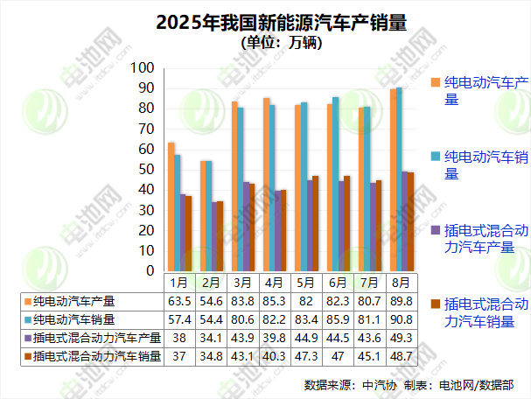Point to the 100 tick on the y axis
(143, 68)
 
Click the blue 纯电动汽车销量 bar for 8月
(399, 179)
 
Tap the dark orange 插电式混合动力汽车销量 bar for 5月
(315, 223)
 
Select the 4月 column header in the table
(274, 283)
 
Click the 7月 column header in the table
(367, 283)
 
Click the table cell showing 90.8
(399, 319)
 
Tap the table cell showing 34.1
(211, 339)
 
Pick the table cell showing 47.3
(305, 357)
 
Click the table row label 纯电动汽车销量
(80, 319)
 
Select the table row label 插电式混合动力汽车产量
(92, 339)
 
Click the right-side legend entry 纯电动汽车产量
(486, 91)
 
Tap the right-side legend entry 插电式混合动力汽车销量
(486, 312)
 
